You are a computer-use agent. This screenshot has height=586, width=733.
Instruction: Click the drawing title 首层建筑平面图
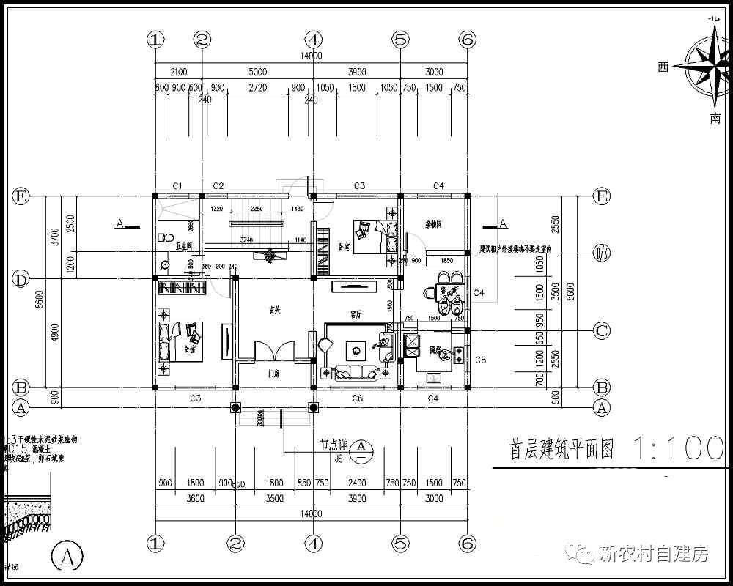pyautogui.click(x=561, y=448)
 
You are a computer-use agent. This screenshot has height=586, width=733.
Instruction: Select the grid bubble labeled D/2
pyautogui.click(x=601, y=253)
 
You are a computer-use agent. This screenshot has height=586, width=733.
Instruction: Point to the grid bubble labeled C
pyautogui.click(x=601, y=331)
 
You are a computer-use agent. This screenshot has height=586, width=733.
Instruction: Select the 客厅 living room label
pyautogui.click(x=356, y=314)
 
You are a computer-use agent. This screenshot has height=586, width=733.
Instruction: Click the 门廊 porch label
pyautogui.click(x=273, y=374)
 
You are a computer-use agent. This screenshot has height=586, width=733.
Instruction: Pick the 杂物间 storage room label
pyautogui.click(x=434, y=225)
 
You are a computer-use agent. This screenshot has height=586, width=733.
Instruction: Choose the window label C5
pyautogui.click(x=481, y=360)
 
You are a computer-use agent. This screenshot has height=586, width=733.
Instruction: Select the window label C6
pyautogui.click(x=357, y=398)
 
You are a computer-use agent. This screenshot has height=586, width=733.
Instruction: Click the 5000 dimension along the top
pyautogui.click(x=257, y=72)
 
